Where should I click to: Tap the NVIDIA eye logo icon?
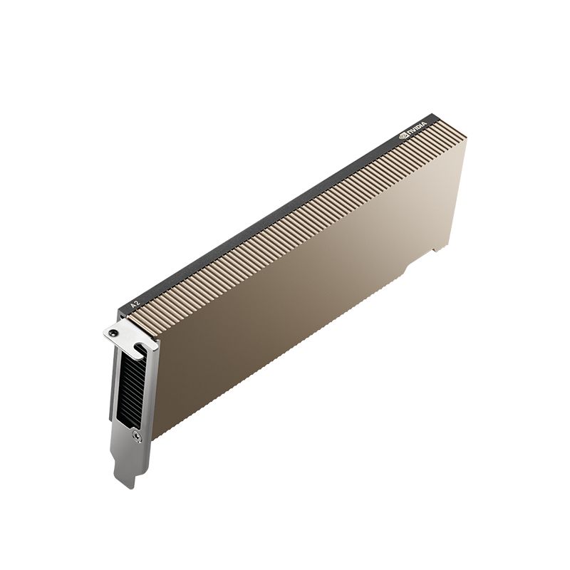coord(403,135)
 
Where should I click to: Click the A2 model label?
coord(133,302)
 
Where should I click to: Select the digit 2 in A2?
coord(135,301)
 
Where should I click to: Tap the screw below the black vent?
coord(136,437)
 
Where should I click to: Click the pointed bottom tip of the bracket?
coord(125,485)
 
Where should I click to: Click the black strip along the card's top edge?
coord(285,207)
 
